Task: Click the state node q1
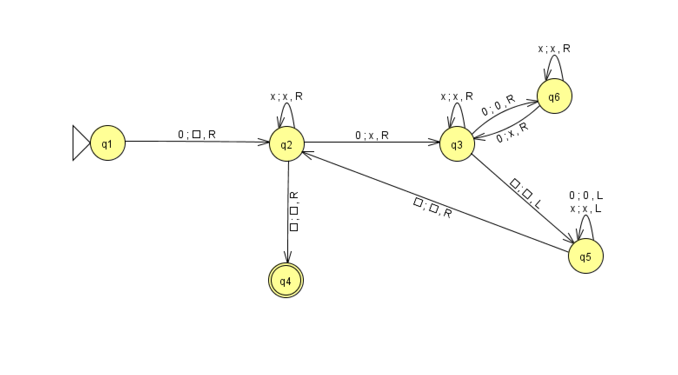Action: tap(108, 143)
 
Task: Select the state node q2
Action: tap(287, 144)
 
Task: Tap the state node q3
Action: tap(457, 144)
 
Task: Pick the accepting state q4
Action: tap(286, 281)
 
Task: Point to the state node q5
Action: tap(585, 256)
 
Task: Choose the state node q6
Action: tap(554, 96)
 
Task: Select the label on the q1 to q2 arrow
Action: tap(197, 135)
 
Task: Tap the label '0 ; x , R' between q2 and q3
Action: tap(372, 136)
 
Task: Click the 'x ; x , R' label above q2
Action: tap(286, 96)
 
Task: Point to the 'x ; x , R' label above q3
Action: tap(457, 96)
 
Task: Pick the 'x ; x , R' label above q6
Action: tap(554, 49)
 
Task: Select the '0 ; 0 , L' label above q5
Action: tap(586, 196)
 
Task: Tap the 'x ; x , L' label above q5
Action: tap(586, 209)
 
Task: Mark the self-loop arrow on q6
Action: tap(554, 65)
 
